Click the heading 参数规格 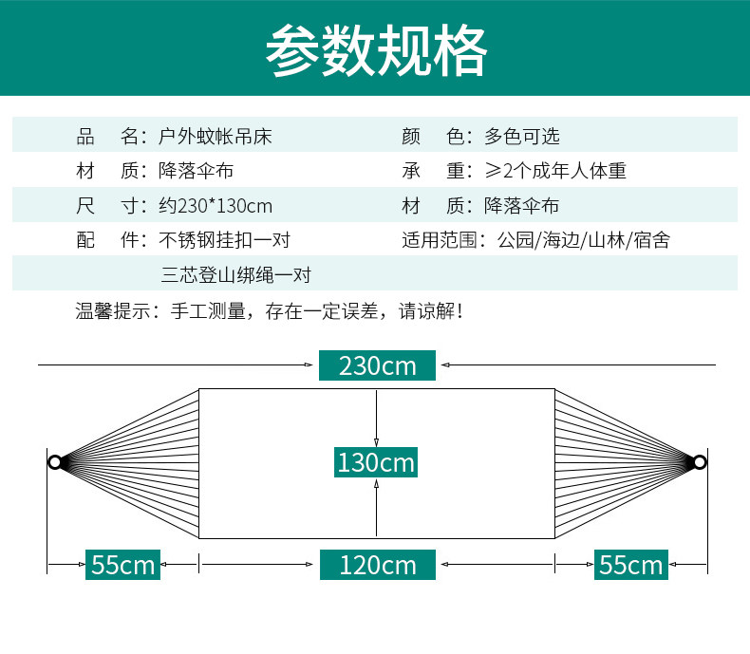(376, 48)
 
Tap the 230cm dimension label (377, 365)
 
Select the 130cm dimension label (377, 462)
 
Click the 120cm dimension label (377, 565)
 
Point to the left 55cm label (122, 565)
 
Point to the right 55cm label (631, 565)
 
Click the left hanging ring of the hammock (55, 462)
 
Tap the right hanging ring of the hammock (700, 462)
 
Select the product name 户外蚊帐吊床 (216, 136)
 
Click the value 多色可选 (522, 136)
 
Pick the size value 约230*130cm (216, 205)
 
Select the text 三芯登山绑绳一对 (235, 275)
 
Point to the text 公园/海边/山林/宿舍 (584, 240)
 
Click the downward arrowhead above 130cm (377, 441)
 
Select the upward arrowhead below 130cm (377, 485)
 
